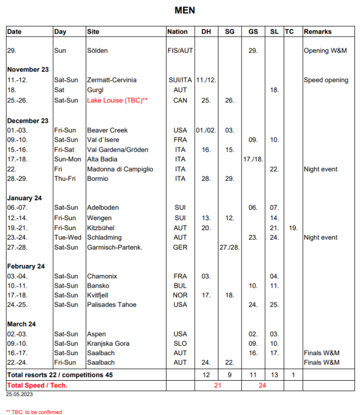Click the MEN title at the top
(185, 10)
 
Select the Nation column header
(178, 32)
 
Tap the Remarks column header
(317, 32)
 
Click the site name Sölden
(97, 50)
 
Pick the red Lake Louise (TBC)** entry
(117, 100)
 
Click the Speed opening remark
(326, 80)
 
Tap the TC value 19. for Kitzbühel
(293, 227)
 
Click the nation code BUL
(180, 286)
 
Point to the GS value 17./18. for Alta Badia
(252, 159)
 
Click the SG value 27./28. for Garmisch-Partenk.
(229, 247)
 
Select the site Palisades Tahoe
(111, 304)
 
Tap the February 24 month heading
(26, 266)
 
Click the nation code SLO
(180, 344)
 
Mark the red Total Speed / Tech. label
(37, 385)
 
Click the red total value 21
(218, 385)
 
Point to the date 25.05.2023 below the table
(20, 395)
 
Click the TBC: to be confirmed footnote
(34, 412)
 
